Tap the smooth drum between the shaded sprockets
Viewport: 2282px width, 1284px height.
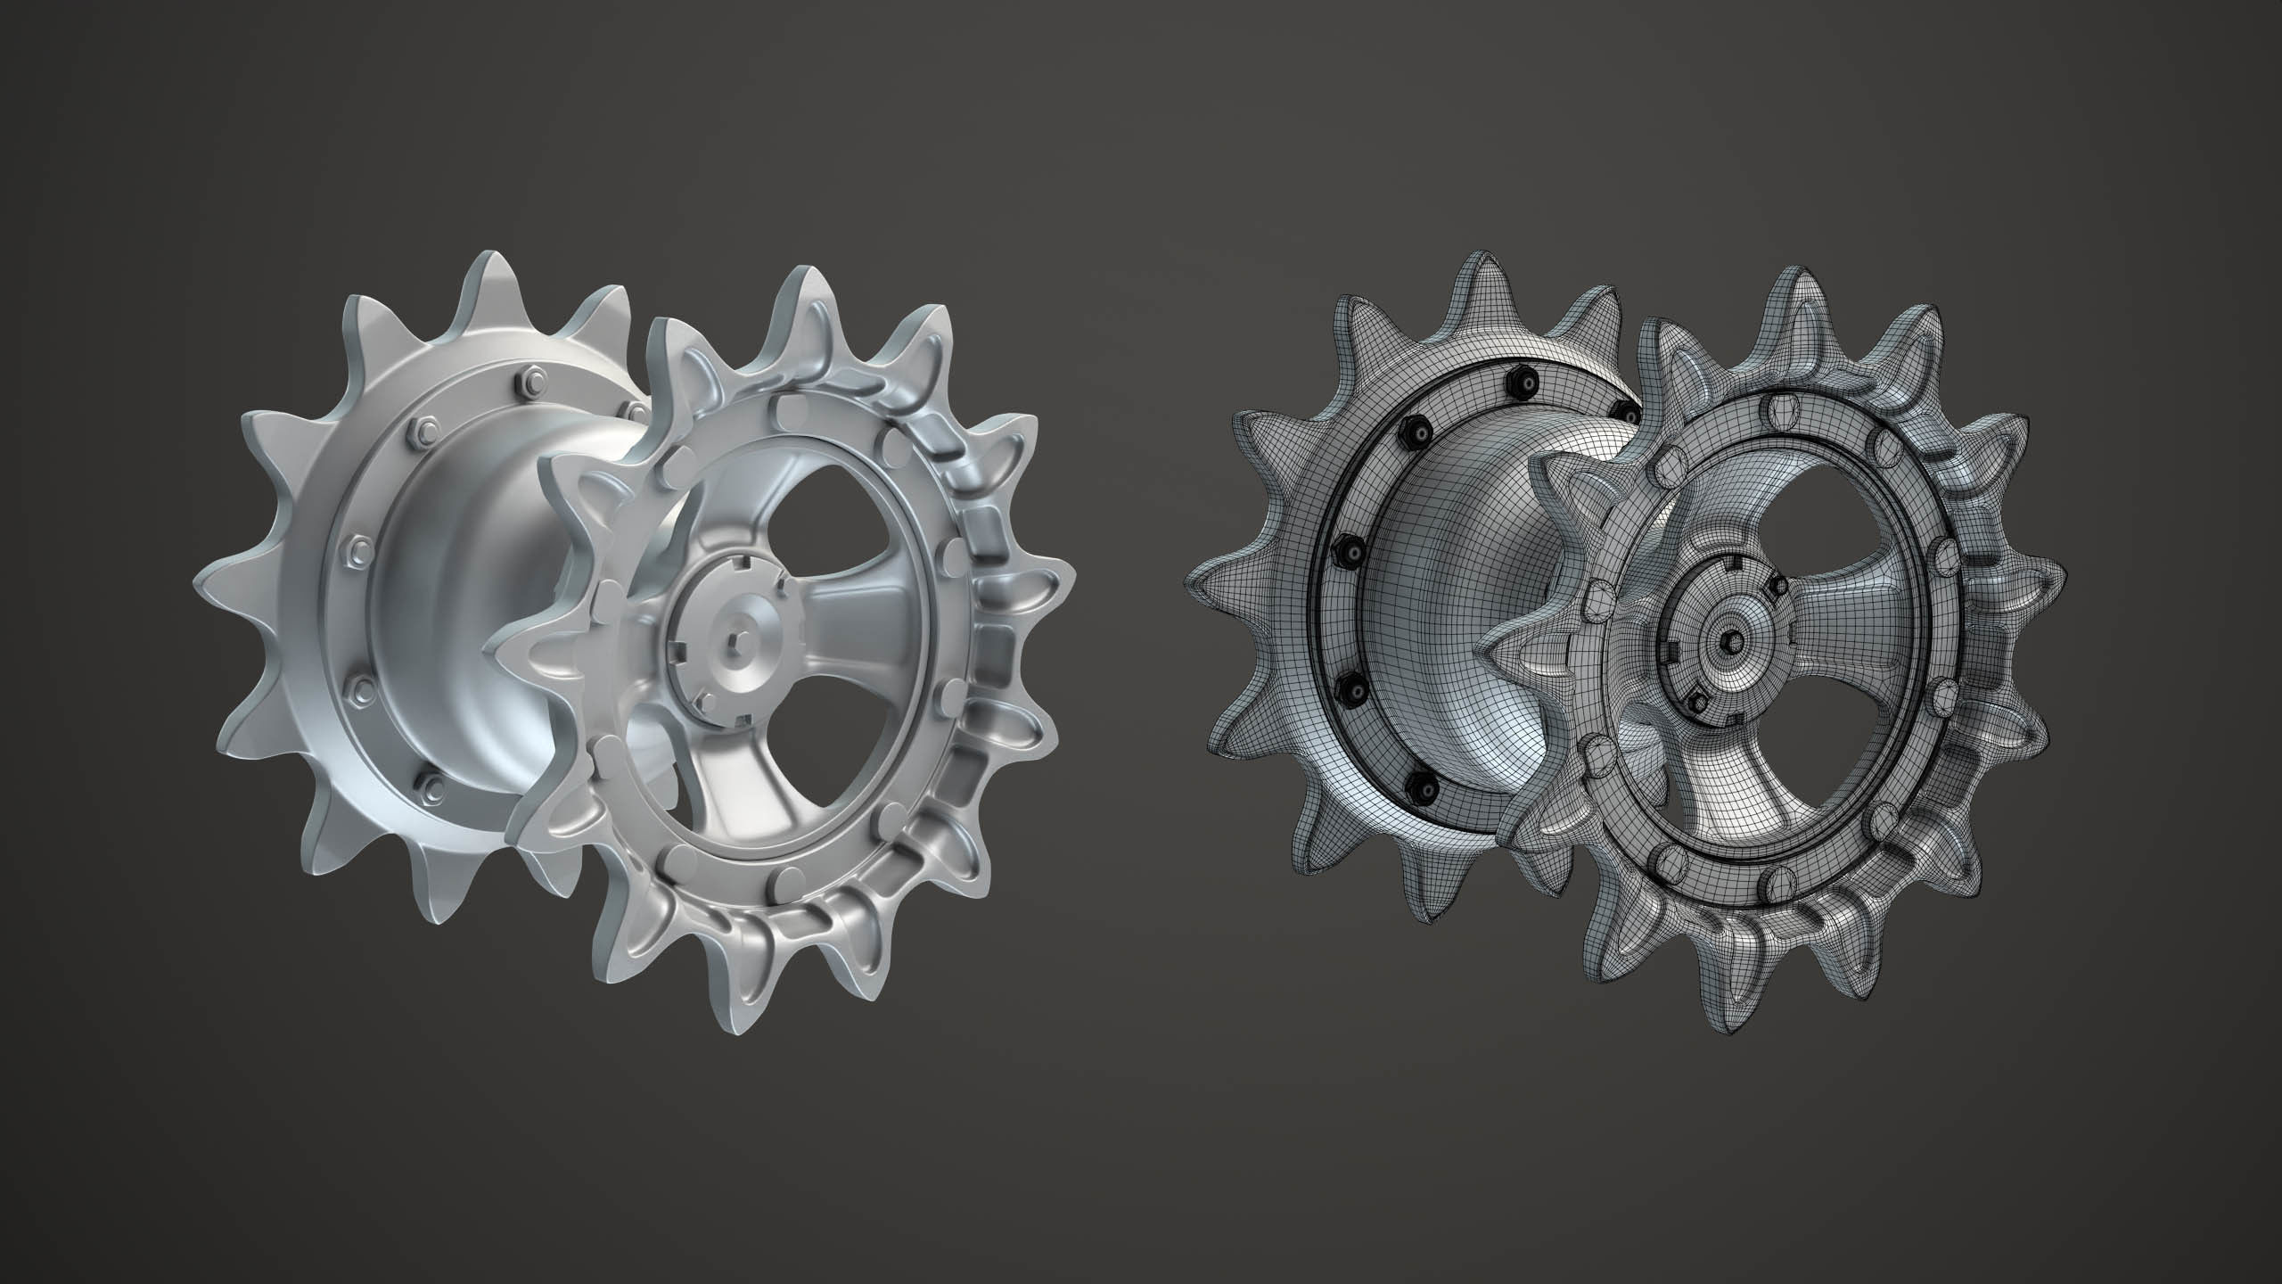click(x=464, y=571)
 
